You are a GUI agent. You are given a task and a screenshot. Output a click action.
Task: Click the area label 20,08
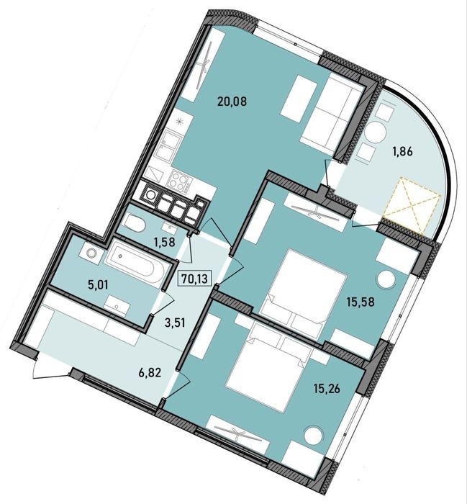click(x=232, y=102)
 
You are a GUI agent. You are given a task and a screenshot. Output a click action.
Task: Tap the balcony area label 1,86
click(x=402, y=150)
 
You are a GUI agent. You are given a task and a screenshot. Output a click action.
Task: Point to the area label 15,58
click(x=360, y=302)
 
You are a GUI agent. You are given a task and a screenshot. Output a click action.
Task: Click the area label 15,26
click(x=327, y=389)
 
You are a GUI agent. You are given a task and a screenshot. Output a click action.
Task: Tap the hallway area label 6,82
click(x=150, y=373)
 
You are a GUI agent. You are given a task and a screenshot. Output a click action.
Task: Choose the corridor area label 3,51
click(x=174, y=323)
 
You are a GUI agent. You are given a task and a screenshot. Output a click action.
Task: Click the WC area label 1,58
click(x=165, y=242)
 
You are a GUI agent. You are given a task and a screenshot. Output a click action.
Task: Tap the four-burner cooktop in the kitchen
click(x=179, y=181)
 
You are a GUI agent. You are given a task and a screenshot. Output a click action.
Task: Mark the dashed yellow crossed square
click(x=412, y=205)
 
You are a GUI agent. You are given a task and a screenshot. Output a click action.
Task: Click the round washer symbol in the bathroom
click(x=91, y=253)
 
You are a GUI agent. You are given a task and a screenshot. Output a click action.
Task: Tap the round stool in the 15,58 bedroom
click(x=386, y=279)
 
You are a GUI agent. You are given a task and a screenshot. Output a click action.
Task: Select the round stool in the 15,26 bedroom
click(x=313, y=435)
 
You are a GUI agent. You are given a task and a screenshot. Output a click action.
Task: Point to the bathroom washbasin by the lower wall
click(x=117, y=305)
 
